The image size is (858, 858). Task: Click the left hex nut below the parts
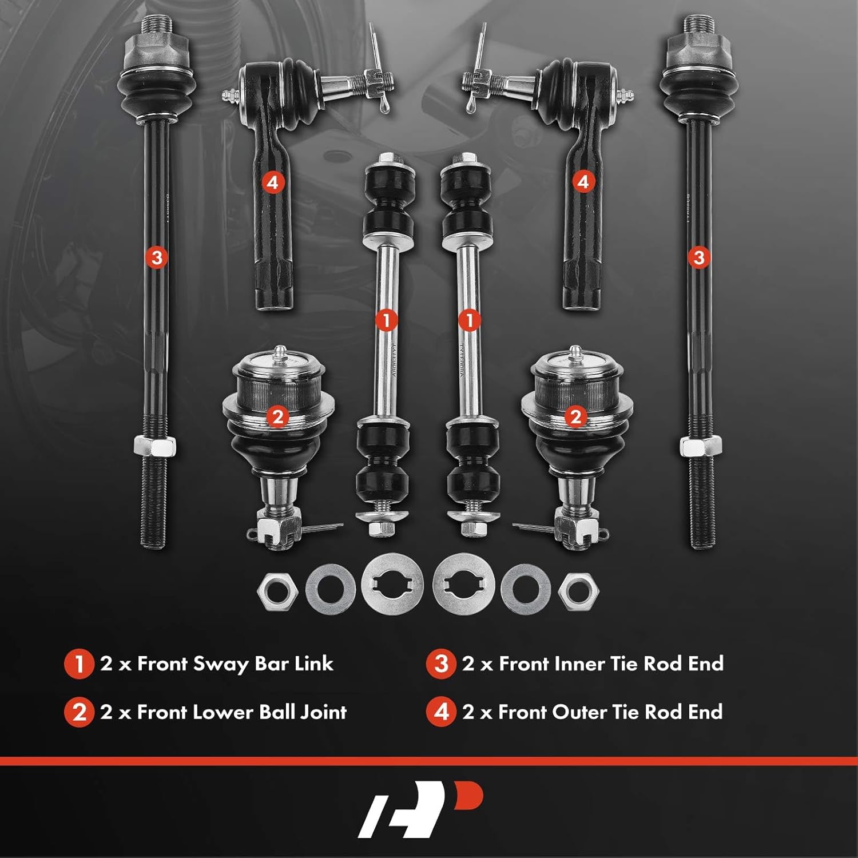[278, 589]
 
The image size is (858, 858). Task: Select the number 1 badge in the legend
[79, 664]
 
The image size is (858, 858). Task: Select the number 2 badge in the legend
[79, 713]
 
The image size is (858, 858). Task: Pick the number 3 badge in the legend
[441, 664]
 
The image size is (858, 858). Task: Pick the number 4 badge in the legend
[441, 713]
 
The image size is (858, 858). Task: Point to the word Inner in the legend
[578, 664]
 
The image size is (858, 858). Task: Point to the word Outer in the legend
[579, 712]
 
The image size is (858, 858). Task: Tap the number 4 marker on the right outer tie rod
[583, 182]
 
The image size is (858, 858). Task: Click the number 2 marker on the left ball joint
[278, 417]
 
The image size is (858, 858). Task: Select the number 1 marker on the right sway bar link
[470, 320]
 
